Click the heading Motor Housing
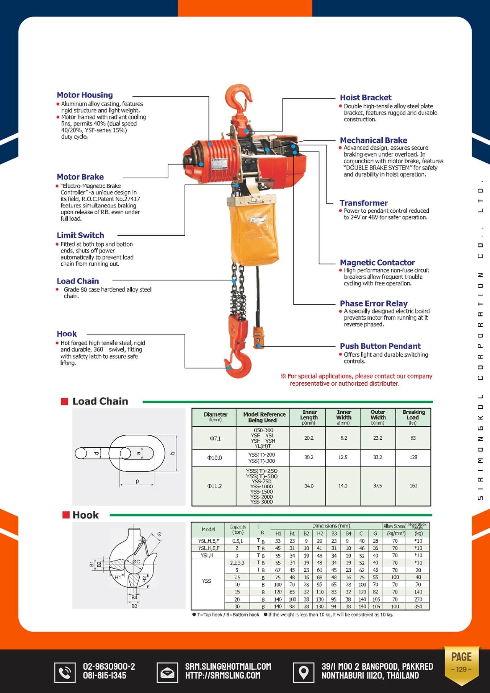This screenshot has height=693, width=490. pos(85,95)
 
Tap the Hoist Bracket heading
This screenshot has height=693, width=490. pos(366,98)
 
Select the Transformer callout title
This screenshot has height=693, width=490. pos(364,203)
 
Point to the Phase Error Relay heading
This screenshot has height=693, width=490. pos(374,303)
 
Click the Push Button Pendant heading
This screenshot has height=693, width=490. pos(380,346)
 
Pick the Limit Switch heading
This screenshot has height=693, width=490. pos(80,235)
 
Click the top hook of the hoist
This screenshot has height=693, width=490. pos(239,99)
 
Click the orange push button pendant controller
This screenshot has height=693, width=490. pos(259,337)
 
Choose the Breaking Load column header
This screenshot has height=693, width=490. pos(413,417)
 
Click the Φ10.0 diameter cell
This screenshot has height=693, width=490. pos(215,458)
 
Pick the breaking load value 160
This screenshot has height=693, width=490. pos(413,486)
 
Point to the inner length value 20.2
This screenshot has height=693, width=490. pos(309,438)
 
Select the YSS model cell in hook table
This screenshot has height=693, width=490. pos(207,580)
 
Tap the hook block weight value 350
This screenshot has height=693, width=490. pos(418,606)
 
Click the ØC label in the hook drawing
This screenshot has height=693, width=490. pos(136,561)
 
